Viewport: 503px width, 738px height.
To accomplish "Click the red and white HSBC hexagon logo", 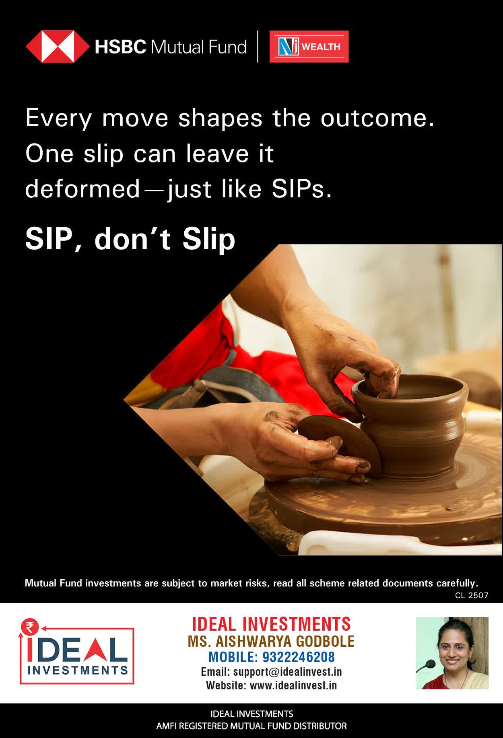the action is [58, 47].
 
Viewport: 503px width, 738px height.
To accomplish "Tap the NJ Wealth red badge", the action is [309, 47].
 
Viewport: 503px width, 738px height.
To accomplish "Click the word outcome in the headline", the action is [377, 118].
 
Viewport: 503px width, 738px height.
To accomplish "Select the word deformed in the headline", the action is [82, 189].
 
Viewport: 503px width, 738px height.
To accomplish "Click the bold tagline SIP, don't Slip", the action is [130, 239].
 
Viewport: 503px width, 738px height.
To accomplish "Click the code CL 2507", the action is [472, 595].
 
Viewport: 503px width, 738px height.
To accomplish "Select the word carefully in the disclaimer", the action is [458, 583].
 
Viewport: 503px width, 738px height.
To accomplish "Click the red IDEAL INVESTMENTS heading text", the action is [271, 624].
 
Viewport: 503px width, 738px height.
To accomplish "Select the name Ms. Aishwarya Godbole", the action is [271, 641].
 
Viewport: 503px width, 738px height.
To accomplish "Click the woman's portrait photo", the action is [452, 653].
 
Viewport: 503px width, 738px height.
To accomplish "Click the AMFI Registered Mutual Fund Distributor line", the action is [251, 726].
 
